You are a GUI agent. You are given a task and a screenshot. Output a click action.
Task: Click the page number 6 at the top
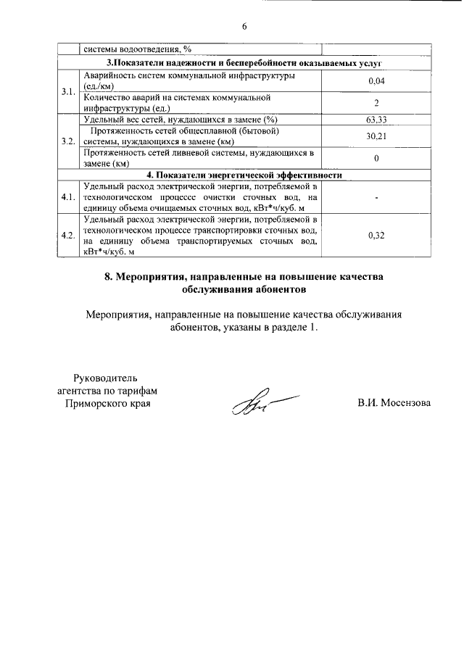(x=244, y=26)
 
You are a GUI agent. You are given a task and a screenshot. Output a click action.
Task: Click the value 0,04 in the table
(x=376, y=81)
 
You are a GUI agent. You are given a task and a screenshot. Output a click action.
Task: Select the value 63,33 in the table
(x=376, y=119)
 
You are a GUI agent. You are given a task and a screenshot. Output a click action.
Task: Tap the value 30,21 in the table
(x=376, y=136)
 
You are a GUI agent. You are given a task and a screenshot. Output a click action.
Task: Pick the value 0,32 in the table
(x=376, y=236)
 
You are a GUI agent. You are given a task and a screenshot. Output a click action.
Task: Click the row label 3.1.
(x=68, y=92)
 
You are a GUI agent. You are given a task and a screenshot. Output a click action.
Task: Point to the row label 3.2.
(x=68, y=141)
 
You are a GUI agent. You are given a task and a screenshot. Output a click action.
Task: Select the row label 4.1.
(x=68, y=197)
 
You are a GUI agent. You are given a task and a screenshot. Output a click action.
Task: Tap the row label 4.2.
(x=68, y=236)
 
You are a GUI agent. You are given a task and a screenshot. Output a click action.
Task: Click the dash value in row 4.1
(x=376, y=197)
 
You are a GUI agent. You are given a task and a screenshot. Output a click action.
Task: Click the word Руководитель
(x=106, y=377)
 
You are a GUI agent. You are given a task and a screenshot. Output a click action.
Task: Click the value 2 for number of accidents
(x=376, y=103)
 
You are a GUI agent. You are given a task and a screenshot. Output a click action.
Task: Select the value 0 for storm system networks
(x=376, y=158)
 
